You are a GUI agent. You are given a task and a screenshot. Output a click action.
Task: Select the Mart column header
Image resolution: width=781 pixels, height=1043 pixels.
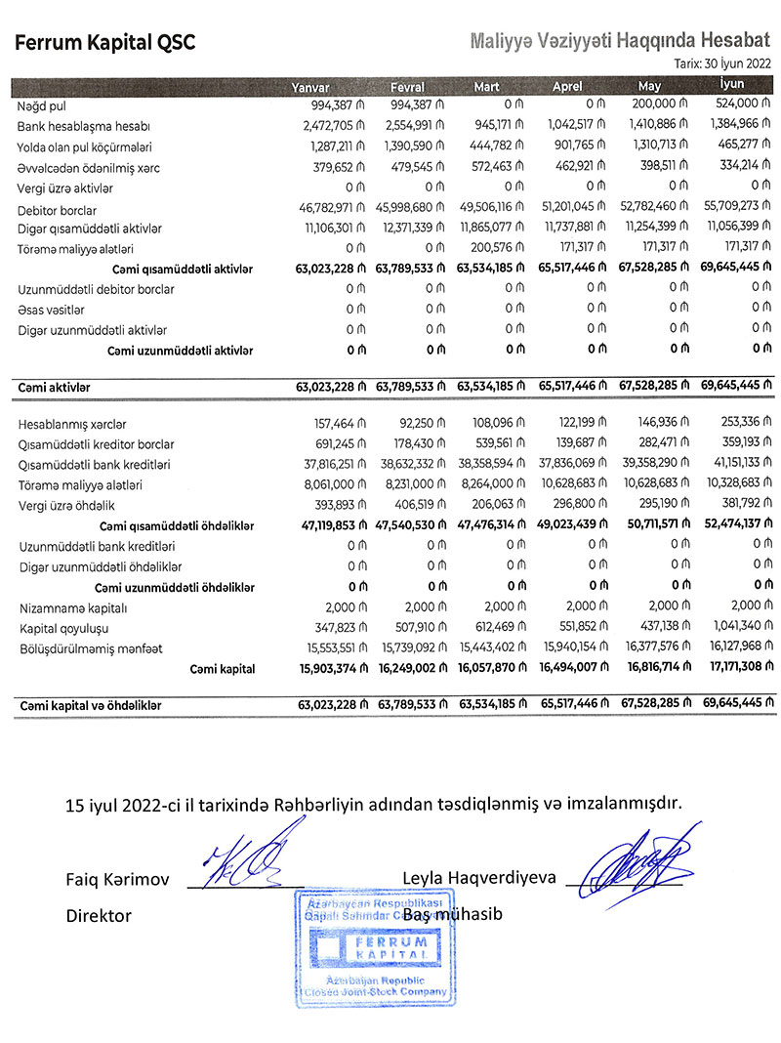tap(486, 87)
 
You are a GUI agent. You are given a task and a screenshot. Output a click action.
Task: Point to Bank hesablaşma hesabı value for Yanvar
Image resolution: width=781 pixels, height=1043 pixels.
tap(332, 126)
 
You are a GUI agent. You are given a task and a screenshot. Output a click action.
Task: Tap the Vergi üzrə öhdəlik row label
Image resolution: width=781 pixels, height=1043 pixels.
tap(61, 506)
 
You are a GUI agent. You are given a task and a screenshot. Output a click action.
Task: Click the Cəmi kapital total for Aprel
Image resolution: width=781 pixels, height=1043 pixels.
tap(575, 669)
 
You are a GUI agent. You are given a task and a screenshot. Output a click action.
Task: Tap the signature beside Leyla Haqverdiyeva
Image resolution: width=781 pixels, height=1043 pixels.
tap(639, 859)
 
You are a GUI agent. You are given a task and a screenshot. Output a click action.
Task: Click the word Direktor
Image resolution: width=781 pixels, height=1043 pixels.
tap(99, 916)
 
